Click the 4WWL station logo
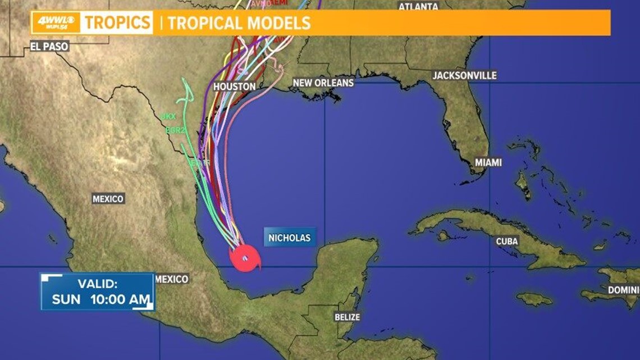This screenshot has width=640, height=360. point(56,22)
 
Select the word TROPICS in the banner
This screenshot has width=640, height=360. point(117,23)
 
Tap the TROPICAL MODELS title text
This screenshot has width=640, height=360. point(239,23)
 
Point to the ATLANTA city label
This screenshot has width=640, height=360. point(418,7)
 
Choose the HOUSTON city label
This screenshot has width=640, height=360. point(235,86)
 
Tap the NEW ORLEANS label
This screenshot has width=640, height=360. point(323,83)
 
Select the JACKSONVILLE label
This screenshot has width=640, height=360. point(464,75)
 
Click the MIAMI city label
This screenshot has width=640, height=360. point(488,162)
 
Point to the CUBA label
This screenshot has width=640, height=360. point(507,241)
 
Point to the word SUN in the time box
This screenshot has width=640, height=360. point(67,299)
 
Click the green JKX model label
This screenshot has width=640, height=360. point(168,116)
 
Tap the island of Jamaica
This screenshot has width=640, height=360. point(534,299)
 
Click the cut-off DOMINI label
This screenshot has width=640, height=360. point(623,290)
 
